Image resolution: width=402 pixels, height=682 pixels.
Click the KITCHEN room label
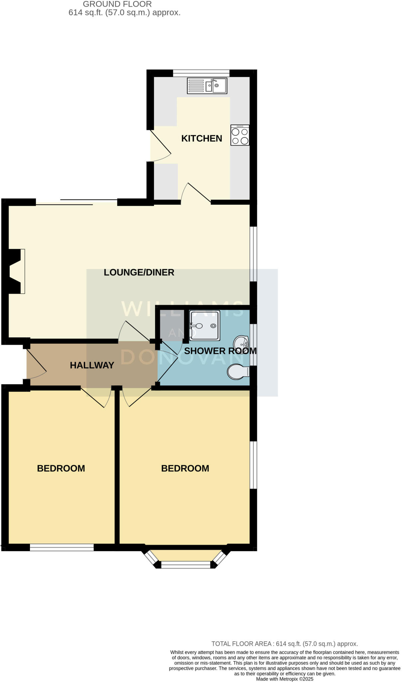(x=201, y=138)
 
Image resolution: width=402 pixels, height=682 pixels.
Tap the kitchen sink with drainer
(x=207, y=86)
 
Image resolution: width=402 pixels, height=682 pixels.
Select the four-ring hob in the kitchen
(x=240, y=135)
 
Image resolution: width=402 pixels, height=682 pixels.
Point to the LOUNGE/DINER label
(x=139, y=272)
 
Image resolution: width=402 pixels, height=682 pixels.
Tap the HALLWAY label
(x=92, y=365)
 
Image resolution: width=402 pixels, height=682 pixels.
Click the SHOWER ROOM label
(x=220, y=351)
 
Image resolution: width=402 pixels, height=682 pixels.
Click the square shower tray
(x=204, y=326)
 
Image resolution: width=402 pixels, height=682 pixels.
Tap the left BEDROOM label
(x=61, y=469)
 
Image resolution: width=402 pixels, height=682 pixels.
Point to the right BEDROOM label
(x=185, y=469)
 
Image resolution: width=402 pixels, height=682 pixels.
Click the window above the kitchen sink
(x=201, y=73)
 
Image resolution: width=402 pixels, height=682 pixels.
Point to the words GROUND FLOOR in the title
(x=117, y=4)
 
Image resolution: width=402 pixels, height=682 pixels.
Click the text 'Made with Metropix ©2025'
(x=285, y=679)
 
